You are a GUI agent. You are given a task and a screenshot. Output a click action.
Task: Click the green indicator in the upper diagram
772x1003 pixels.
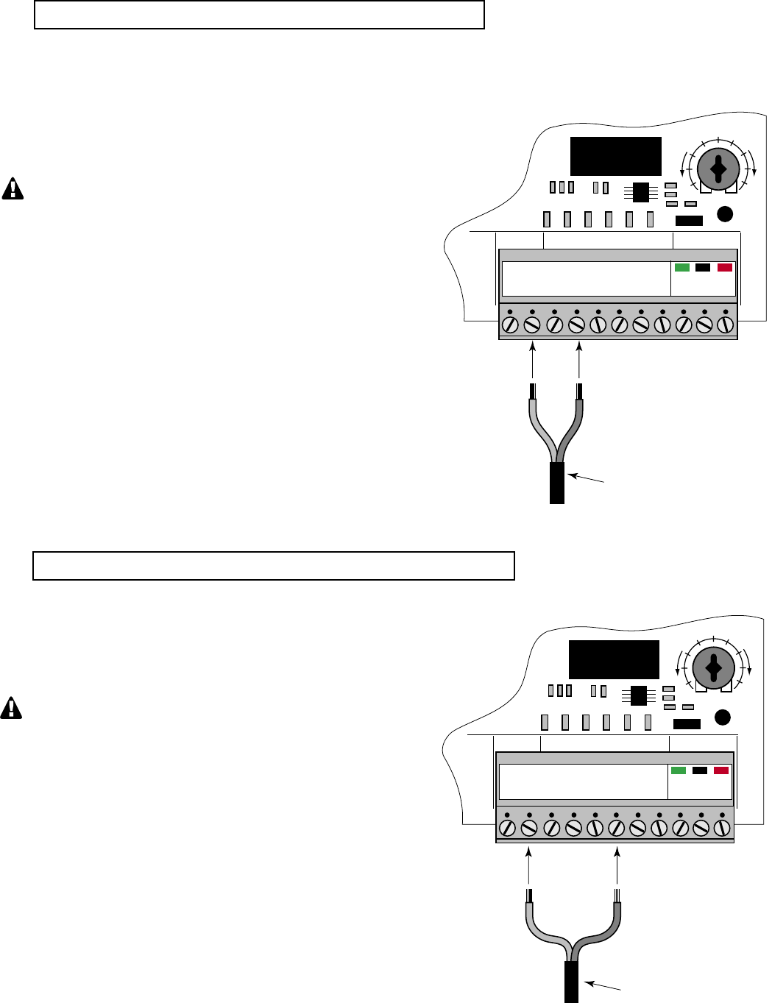(682, 267)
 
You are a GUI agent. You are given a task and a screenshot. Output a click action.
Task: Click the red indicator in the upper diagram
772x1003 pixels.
(725, 267)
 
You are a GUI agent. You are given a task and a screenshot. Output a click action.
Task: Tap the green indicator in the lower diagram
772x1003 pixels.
(679, 770)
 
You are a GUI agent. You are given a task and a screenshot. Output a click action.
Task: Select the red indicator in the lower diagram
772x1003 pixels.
(721, 770)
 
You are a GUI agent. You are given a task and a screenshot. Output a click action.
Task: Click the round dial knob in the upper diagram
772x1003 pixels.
(718, 170)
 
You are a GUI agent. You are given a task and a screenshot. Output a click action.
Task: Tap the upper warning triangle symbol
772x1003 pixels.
(13, 189)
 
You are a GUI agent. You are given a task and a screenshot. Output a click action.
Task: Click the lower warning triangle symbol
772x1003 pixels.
(11, 708)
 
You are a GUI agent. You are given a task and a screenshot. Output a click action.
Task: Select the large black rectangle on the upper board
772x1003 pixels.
(616, 156)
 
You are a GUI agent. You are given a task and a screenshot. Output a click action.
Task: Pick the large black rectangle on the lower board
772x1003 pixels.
(614, 659)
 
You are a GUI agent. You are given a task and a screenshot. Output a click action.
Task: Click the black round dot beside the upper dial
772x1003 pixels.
(725, 214)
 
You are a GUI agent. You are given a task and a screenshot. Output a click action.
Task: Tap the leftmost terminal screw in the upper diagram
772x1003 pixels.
(510, 325)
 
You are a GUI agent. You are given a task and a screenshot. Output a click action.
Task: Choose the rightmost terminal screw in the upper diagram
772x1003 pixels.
(726, 325)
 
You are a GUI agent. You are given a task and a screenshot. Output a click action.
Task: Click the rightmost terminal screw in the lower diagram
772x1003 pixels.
(723, 828)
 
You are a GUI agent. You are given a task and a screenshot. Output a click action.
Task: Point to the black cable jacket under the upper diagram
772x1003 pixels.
(557, 483)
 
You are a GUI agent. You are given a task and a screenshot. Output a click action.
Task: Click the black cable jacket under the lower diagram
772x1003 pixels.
(571, 982)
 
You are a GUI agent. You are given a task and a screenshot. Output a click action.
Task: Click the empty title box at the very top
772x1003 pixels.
(259, 15)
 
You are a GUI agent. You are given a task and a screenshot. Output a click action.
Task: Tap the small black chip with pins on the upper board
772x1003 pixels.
(640, 192)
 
